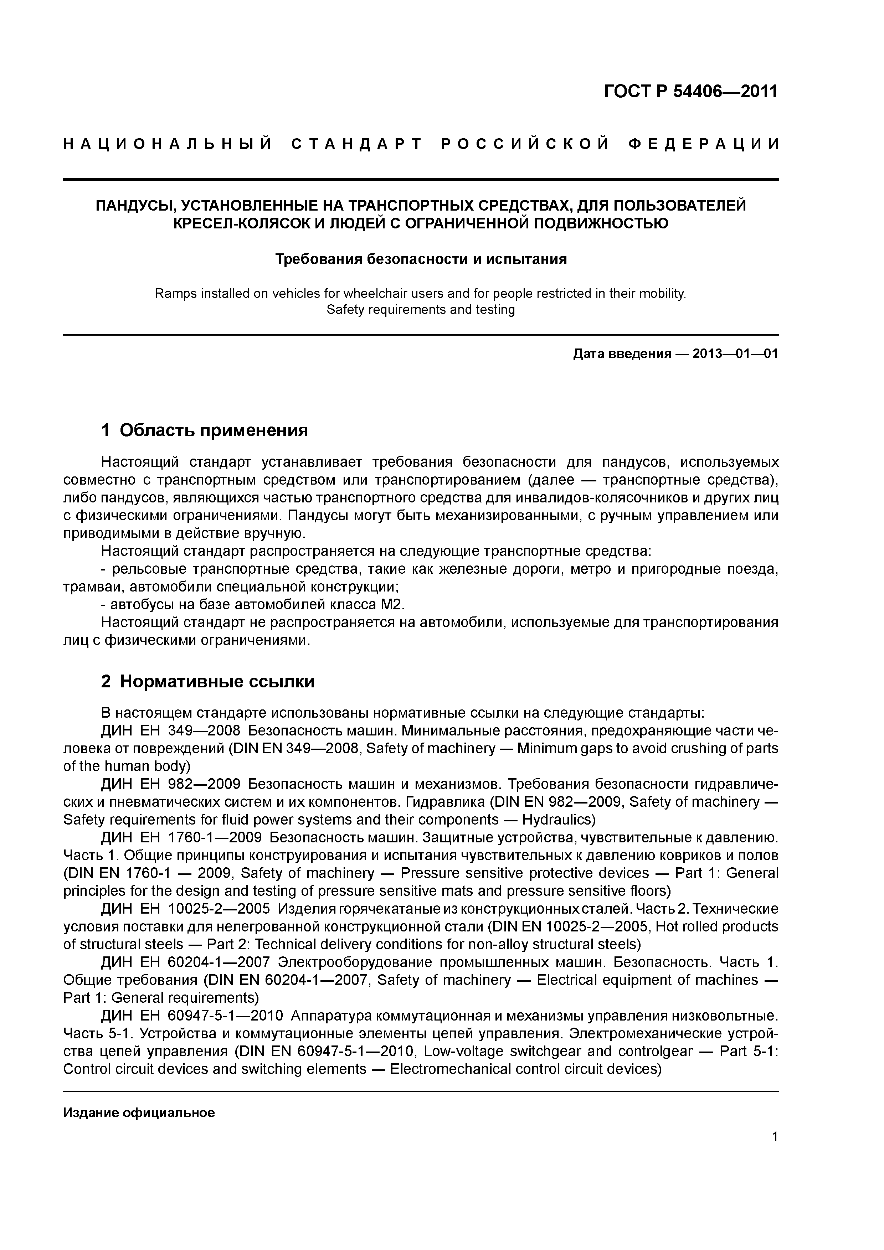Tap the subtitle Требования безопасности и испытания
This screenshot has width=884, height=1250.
pyautogui.click(x=421, y=259)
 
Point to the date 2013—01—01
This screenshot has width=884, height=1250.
pyautogui.click(x=735, y=355)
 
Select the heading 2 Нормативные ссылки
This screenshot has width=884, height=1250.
pyautogui.click(x=207, y=682)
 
